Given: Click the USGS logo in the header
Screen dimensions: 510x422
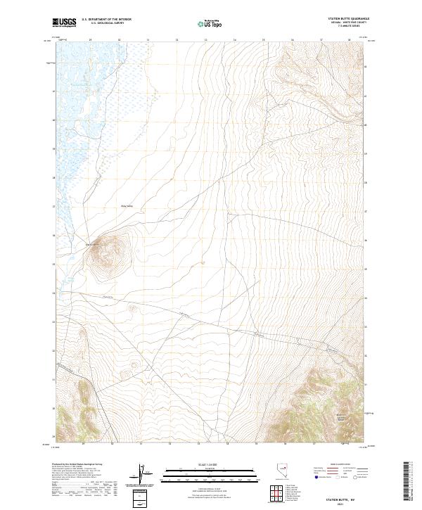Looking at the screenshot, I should click(x=65, y=23).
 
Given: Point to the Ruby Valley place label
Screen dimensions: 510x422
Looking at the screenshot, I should click(x=127, y=206).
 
